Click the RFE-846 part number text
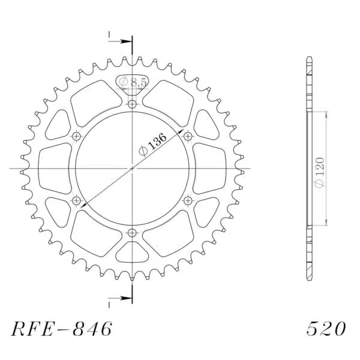pos(62,329)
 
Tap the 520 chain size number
pos(326,329)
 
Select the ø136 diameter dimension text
pos(152,145)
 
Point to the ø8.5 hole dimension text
pos(133,82)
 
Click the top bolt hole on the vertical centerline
pos(132,104)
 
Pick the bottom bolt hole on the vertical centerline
pos(132,233)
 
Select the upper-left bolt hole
pos(76,137)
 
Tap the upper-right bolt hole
pos(188,137)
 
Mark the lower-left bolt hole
pos(76,201)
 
